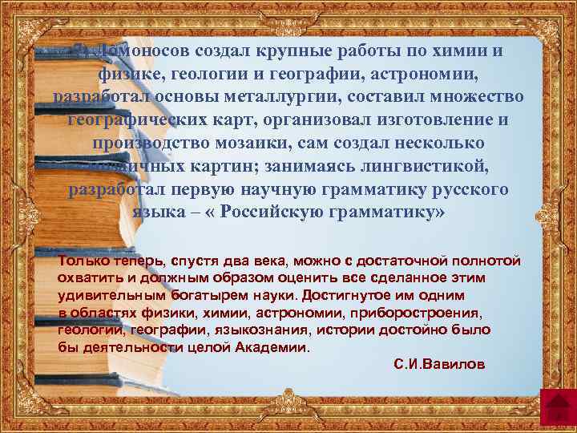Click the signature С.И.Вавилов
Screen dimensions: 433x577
(x=439, y=364)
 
